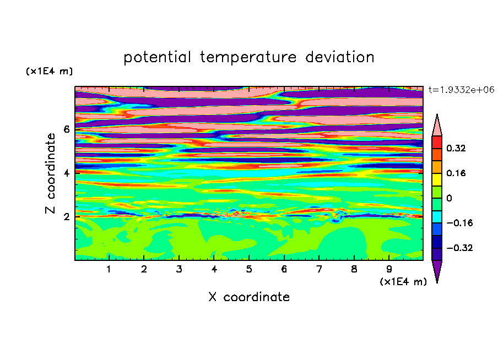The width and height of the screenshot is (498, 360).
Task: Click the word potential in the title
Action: pos(157,57)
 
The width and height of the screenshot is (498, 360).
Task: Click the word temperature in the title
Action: pos(248,57)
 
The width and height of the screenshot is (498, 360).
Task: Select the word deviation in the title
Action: pos(340,57)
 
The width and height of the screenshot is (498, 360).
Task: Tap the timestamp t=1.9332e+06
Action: pos(461,90)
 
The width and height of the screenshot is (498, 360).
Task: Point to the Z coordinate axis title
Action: pos(50,173)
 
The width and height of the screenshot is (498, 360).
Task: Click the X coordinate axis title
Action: pos(249,297)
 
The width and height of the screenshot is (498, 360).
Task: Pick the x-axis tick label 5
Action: pos(249,269)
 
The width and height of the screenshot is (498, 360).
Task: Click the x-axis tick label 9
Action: pos(389,269)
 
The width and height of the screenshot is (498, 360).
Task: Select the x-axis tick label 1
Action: pos(109,269)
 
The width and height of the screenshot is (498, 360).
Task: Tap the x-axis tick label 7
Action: pos(319,269)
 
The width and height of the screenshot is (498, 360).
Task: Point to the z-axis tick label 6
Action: pos(67,129)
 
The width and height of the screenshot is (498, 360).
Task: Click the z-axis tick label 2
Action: pos(67,217)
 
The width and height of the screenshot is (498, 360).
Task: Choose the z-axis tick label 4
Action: pos(67,173)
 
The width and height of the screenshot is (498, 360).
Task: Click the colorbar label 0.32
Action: pos(456,148)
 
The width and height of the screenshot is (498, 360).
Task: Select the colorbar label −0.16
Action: pos(459,223)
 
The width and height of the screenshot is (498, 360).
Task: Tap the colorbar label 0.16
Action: pos(456,173)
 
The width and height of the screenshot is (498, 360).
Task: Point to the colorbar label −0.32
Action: pos(459,248)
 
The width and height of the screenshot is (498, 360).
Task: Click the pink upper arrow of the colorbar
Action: pos(437,127)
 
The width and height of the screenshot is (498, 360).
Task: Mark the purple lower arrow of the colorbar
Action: pos(437,269)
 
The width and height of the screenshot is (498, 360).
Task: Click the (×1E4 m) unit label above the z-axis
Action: pos(49,71)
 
